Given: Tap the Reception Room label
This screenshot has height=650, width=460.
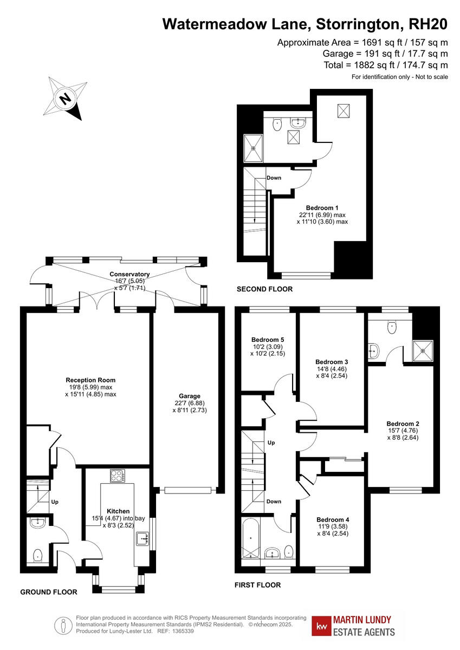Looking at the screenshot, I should tap(90, 380).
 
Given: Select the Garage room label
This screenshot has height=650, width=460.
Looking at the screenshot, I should tap(190, 396).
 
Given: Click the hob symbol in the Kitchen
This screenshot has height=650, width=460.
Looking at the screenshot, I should tap(118, 476).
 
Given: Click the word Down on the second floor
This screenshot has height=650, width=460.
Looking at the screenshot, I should tap(274, 178).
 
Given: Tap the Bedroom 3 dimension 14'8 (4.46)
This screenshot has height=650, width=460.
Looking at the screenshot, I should tap(331, 370).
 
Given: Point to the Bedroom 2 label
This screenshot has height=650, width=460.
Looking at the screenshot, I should tap(403, 424).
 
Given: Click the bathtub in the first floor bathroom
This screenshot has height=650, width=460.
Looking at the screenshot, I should tap(251, 537).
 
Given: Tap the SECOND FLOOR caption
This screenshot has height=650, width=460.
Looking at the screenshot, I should tap(264, 289).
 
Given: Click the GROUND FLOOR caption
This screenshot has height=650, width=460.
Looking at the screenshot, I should tap(49, 592).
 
